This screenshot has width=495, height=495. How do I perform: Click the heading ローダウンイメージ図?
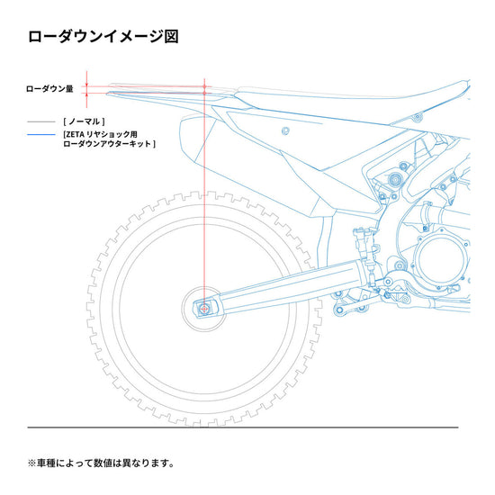click(103, 37)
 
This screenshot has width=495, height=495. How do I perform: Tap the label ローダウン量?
click(49, 89)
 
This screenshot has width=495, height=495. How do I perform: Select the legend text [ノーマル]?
click(84, 121)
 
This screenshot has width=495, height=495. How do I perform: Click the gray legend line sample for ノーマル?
click(41, 121)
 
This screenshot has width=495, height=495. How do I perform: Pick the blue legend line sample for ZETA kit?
click(41, 135)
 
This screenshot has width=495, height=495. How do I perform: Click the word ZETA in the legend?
click(75, 134)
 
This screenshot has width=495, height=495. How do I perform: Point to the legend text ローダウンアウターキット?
click(107, 144)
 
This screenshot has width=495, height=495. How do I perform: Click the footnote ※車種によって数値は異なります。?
click(101, 463)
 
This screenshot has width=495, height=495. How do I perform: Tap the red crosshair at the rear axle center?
click(204, 309)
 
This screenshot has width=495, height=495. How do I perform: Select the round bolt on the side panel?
click(285, 131)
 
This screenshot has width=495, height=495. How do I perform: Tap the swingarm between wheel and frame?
click(284, 287)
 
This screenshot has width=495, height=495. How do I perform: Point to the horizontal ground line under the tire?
click(243, 427)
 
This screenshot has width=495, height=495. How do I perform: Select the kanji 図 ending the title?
click(172, 37)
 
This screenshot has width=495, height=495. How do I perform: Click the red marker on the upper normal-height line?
click(204, 86)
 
